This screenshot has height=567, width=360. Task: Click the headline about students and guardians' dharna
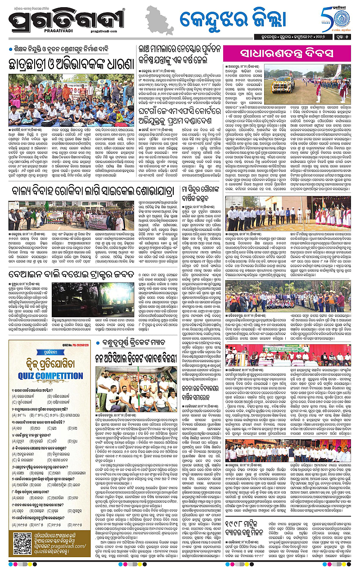click(72, 64)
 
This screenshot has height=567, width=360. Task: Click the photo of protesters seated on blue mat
click(72, 100)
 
